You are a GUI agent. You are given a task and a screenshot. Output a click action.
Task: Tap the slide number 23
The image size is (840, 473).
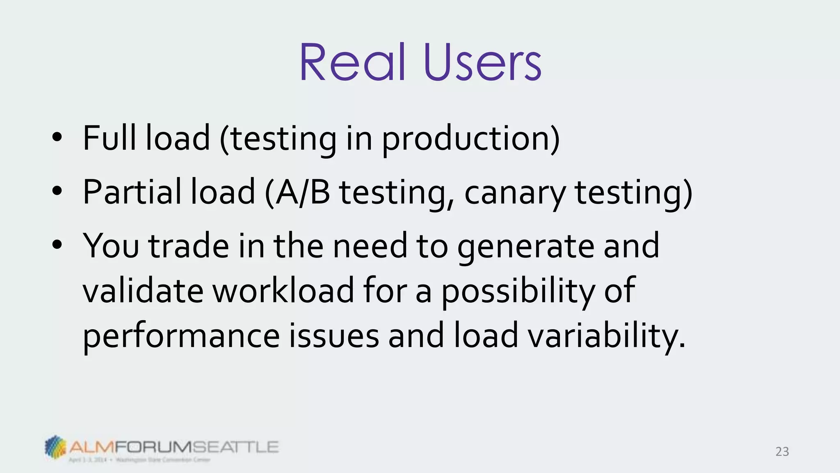click(782, 452)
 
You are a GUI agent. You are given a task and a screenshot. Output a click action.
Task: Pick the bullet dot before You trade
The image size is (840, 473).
click(57, 245)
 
